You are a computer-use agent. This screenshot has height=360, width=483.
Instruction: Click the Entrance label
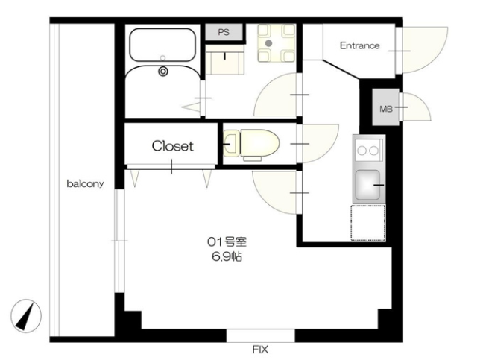[359, 45]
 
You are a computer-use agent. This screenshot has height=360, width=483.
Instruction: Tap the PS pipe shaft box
[224, 32]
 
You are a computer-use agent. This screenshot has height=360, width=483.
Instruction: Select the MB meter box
[385, 107]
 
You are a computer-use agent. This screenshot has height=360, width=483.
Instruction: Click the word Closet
[172, 145]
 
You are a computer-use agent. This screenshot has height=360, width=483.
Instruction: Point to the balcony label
[85, 184]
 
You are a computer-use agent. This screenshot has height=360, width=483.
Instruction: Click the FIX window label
[260, 350]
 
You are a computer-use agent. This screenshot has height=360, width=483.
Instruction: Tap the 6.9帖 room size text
[227, 256]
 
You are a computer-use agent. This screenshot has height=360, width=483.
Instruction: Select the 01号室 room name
[227, 241]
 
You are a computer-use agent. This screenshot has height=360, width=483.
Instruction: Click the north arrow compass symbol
[26, 315]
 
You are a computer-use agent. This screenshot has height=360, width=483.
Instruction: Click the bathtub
[162, 45]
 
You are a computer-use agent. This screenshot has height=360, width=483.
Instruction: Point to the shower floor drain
[163, 72]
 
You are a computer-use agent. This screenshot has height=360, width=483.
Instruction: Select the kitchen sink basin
[367, 185]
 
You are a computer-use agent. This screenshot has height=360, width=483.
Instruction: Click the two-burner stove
[369, 151]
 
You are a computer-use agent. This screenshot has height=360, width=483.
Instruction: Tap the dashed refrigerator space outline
[368, 223]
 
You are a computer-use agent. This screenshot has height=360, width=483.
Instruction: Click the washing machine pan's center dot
[269, 43]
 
